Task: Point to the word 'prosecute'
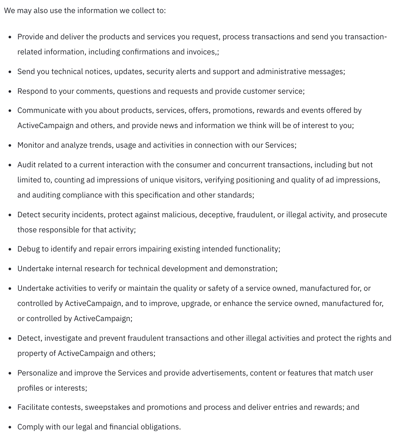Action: point(369,215)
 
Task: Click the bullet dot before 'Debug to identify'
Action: point(10,249)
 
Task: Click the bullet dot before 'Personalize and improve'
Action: point(10,373)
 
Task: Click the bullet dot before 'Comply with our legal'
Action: point(10,427)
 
